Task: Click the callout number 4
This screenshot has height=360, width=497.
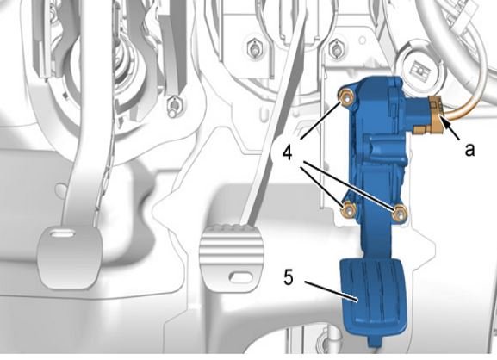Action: pyautogui.click(x=287, y=153)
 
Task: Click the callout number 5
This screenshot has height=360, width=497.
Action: pyautogui.click(x=289, y=277)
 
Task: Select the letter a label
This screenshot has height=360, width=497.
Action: pyautogui.click(x=469, y=149)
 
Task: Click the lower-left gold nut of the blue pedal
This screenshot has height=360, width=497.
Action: pyautogui.click(x=348, y=209)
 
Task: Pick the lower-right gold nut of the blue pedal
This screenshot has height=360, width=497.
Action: pyautogui.click(x=399, y=213)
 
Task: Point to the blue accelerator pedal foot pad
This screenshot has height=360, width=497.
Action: pyautogui.click(x=373, y=297)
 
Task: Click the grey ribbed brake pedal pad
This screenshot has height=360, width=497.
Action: pyautogui.click(x=232, y=256)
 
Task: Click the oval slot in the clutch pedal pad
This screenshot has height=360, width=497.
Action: pyautogui.click(x=62, y=234)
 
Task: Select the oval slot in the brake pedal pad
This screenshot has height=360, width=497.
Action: pyautogui.click(x=240, y=277)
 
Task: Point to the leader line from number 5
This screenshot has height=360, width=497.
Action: pyautogui.click(x=332, y=290)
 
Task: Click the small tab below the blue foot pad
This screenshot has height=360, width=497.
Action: pyautogui.click(x=374, y=342)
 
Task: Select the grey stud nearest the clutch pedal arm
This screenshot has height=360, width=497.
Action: pyautogui.click(x=174, y=106)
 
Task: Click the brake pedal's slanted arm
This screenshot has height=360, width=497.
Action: pyautogui.click(x=273, y=121)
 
